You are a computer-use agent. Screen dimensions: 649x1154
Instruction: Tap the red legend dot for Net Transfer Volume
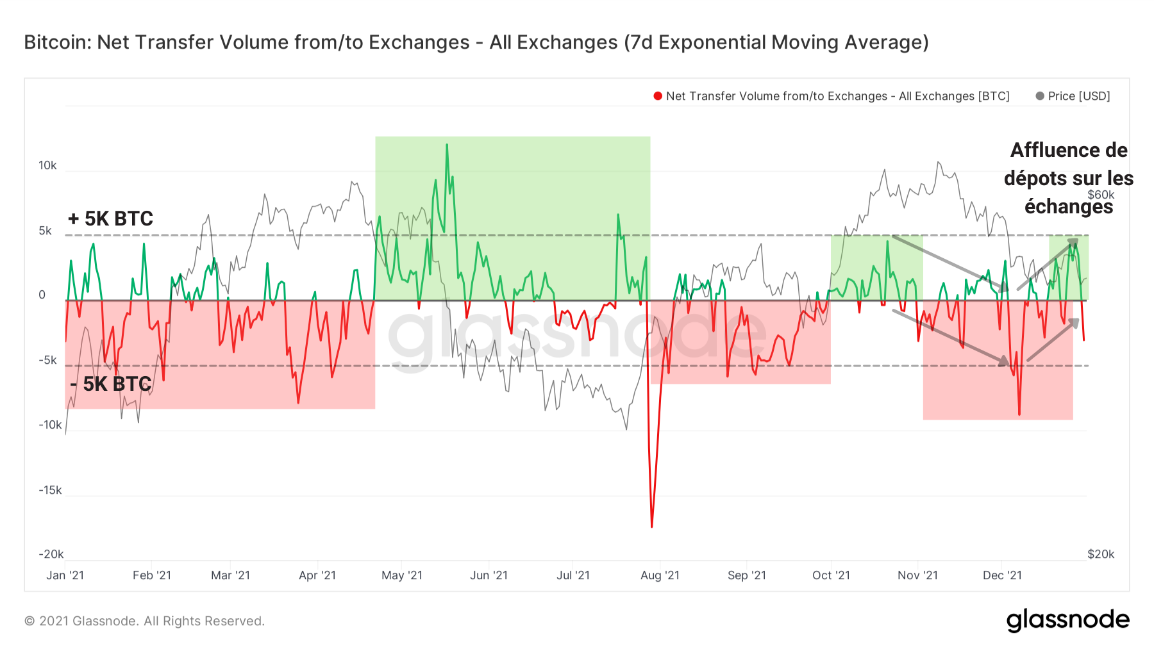[x=657, y=96]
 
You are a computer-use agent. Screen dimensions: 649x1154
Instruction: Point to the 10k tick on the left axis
[x=47, y=165]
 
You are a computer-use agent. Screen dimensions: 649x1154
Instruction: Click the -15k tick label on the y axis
[x=50, y=490]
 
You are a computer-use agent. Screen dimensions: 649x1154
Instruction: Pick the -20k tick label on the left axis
[x=51, y=554]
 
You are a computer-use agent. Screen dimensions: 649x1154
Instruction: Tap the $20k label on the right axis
[x=1101, y=554]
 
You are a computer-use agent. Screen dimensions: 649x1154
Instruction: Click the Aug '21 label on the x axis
[x=660, y=575]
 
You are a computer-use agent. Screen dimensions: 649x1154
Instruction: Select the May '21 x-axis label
[x=402, y=575]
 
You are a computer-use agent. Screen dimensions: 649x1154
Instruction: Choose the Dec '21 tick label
[x=1002, y=575]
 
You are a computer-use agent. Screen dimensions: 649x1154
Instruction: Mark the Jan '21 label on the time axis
[x=65, y=575]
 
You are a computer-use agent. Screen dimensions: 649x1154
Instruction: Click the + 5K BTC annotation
[x=111, y=218]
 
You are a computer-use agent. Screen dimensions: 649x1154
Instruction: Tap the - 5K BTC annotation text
[x=111, y=384]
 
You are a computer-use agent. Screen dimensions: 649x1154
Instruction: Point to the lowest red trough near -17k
[x=652, y=526]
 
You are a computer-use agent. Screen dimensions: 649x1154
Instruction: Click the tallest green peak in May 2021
[x=447, y=145]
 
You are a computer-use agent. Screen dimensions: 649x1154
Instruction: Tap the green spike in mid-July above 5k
[x=618, y=215]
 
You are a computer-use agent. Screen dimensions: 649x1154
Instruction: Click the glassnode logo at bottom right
[x=1067, y=620]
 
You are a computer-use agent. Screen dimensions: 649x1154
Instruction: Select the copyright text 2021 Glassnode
[x=144, y=621]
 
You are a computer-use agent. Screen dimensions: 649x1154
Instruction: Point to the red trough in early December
[x=1019, y=414]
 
